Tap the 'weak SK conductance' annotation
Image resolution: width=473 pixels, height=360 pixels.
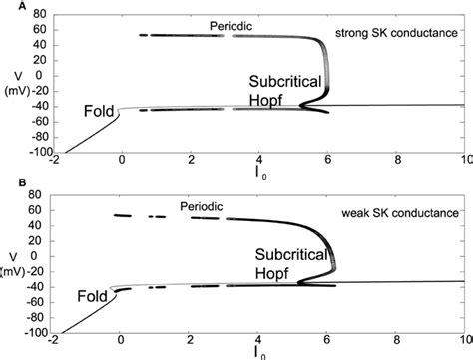click(411, 212)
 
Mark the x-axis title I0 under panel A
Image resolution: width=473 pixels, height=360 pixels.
click(262, 176)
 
